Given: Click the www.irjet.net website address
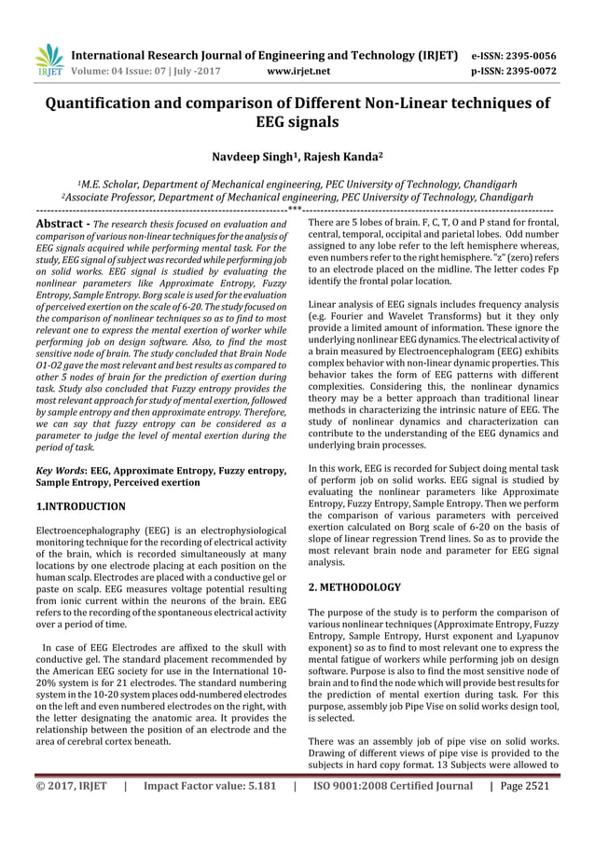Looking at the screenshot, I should [298, 69].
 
